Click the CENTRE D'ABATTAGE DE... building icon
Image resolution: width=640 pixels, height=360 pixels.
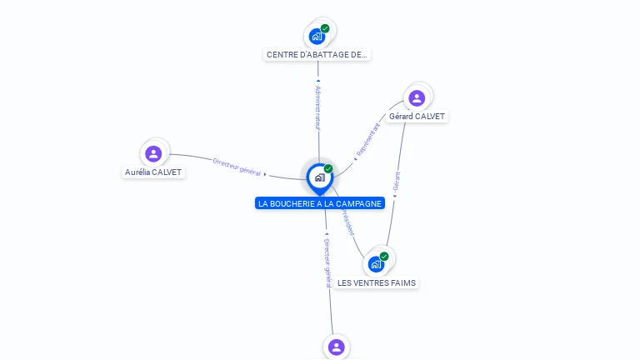point(317,36)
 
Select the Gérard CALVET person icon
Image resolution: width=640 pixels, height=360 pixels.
point(417,98)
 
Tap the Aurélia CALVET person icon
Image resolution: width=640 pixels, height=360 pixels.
point(153,153)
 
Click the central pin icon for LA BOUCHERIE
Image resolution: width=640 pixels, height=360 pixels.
point(319,177)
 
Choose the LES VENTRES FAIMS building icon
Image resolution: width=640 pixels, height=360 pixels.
point(376,264)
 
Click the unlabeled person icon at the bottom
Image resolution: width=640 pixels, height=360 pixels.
point(336,347)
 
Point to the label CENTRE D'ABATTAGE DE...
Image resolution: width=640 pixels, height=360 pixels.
point(317,55)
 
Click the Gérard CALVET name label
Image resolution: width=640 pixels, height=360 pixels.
point(417,117)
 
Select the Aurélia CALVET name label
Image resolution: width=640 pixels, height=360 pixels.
point(153,172)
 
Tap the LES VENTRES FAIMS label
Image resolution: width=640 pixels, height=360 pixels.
point(377,283)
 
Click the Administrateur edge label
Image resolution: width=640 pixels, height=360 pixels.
point(317,106)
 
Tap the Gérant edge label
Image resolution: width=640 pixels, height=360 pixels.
point(397,182)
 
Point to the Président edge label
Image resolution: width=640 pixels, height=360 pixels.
point(346,222)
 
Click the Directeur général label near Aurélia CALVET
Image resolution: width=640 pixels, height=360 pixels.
point(237,167)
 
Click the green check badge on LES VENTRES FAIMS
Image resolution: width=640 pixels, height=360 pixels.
point(384,257)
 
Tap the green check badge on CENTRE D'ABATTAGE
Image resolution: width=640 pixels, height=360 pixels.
point(325,28)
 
